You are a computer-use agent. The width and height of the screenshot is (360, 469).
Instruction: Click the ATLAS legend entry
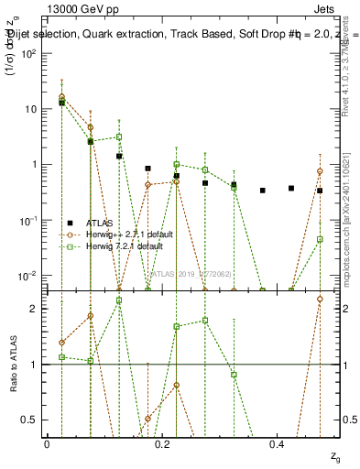(x=99, y=224)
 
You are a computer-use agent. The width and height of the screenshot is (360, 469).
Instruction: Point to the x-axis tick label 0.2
(x=162, y=444)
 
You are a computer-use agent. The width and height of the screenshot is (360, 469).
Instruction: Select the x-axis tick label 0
(x=47, y=444)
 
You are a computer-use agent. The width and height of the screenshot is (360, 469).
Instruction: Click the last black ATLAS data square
(x=320, y=191)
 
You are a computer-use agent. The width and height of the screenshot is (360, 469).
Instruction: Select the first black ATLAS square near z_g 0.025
(x=61, y=103)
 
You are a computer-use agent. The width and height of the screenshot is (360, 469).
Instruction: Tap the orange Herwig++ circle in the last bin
(x=320, y=171)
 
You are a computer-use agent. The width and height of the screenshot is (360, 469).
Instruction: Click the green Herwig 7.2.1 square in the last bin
(x=320, y=239)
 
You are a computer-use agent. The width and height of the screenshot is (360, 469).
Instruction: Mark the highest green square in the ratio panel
(x=119, y=300)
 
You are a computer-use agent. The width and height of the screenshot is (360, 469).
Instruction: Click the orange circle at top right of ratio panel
(x=320, y=299)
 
